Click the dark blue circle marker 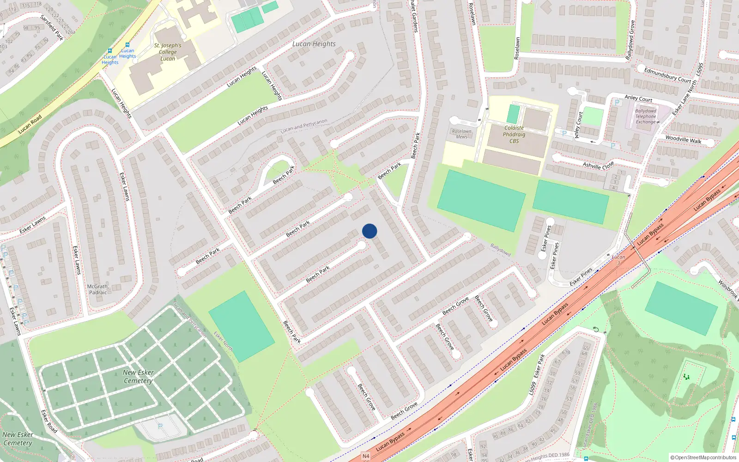tap(369, 231)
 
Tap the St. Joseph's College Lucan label tap(168, 52)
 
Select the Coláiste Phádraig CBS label tap(514, 134)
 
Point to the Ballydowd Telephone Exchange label tap(646, 116)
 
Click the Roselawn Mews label tap(461, 134)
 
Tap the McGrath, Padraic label tap(98, 290)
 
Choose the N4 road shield tap(366, 456)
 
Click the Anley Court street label tap(638, 98)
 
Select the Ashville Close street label tap(598, 165)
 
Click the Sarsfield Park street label tap(52, 28)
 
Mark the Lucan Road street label tap(30, 124)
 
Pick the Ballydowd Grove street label tap(630, 40)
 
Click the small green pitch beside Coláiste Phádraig tap(513, 114)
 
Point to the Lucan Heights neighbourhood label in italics tap(314, 44)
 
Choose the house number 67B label tap(566, 353)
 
